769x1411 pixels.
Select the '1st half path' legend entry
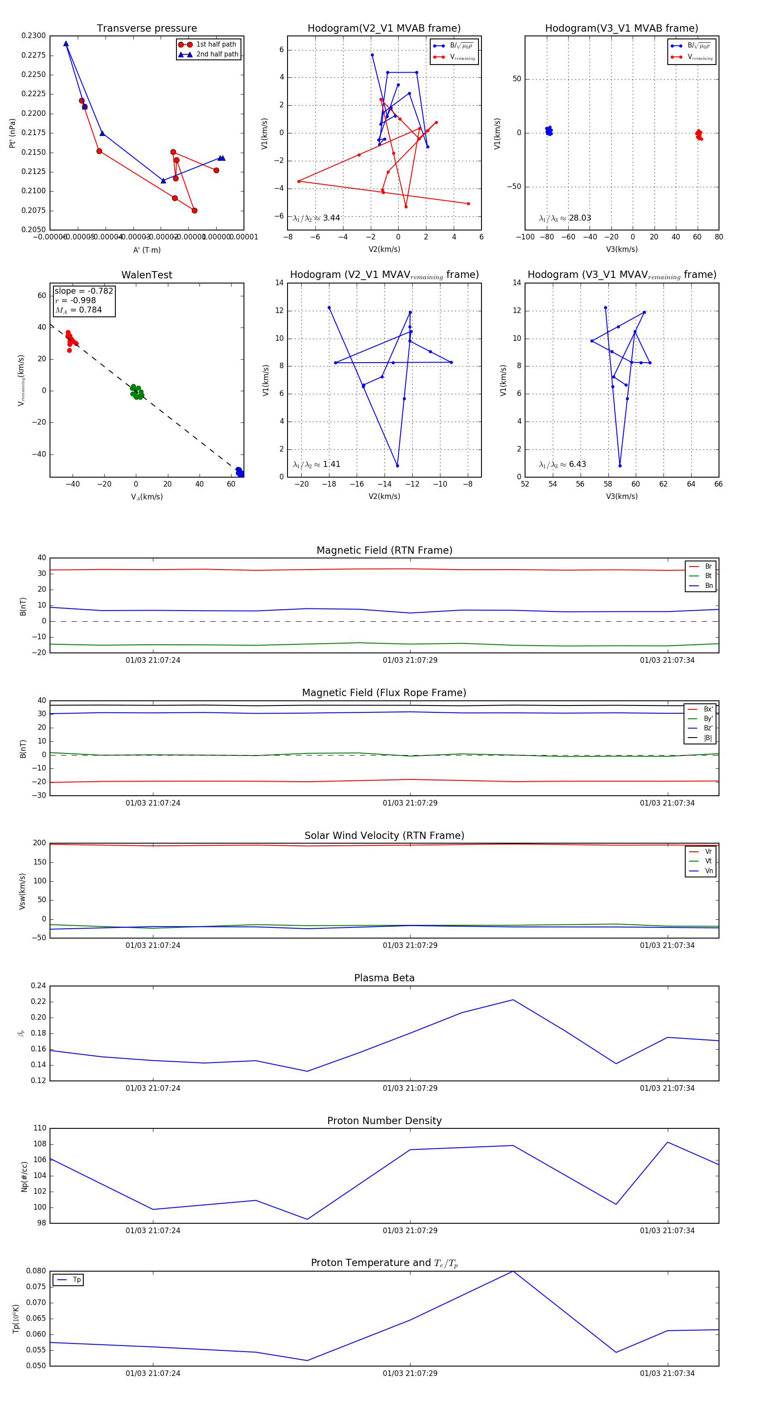pos(216,44)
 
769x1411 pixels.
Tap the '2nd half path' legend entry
pos(217,54)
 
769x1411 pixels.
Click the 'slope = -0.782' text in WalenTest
pos(84,291)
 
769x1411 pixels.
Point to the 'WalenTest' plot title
pos(147,275)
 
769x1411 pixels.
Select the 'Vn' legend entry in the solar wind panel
pos(708,871)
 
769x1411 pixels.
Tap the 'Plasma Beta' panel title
pos(384,978)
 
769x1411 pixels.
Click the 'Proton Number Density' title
pos(384,1121)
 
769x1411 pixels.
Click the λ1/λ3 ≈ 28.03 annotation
pos(565,218)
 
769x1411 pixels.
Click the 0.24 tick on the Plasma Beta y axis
pos(38,986)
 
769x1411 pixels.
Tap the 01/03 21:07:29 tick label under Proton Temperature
pos(410,1373)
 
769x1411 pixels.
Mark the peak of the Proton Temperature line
pos(513,1271)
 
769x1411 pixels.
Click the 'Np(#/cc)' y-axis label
pos(24,1176)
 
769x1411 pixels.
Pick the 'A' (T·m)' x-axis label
pos(147,250)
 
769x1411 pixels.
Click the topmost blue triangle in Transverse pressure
pos(66,44)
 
